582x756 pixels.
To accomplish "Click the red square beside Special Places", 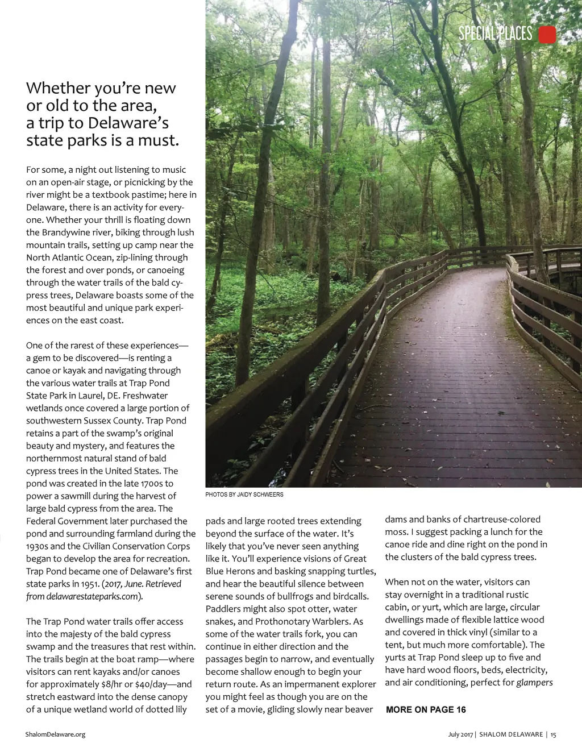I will tap(547, 35).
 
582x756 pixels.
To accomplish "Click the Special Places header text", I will tap(495, 34).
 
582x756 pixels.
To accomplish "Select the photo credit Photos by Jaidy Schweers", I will tap(244, 495).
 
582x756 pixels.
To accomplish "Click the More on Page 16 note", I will tap(426, 709).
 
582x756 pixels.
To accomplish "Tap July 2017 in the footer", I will tap(460, 734).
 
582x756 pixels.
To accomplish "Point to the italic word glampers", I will tap(534, 682).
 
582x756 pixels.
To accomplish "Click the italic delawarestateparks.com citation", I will tap(91, 596).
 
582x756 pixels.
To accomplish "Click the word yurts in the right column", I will tap(396, 657).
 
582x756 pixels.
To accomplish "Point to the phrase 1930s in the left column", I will tap(39, 546).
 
